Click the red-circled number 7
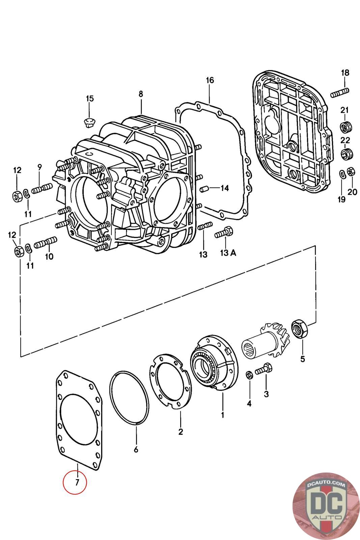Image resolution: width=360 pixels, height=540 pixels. tap(77, 482)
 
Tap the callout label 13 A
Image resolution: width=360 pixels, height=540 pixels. tap(228, 253)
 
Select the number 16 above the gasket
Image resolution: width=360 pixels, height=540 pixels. tap(210, 80)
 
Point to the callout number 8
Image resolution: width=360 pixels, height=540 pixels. tap(141, 94)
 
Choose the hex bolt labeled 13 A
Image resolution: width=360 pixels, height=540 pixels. tap(224, 233)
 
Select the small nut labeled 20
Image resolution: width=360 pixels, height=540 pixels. tap(351, 171)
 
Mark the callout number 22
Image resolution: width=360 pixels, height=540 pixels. tap(345, 140)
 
